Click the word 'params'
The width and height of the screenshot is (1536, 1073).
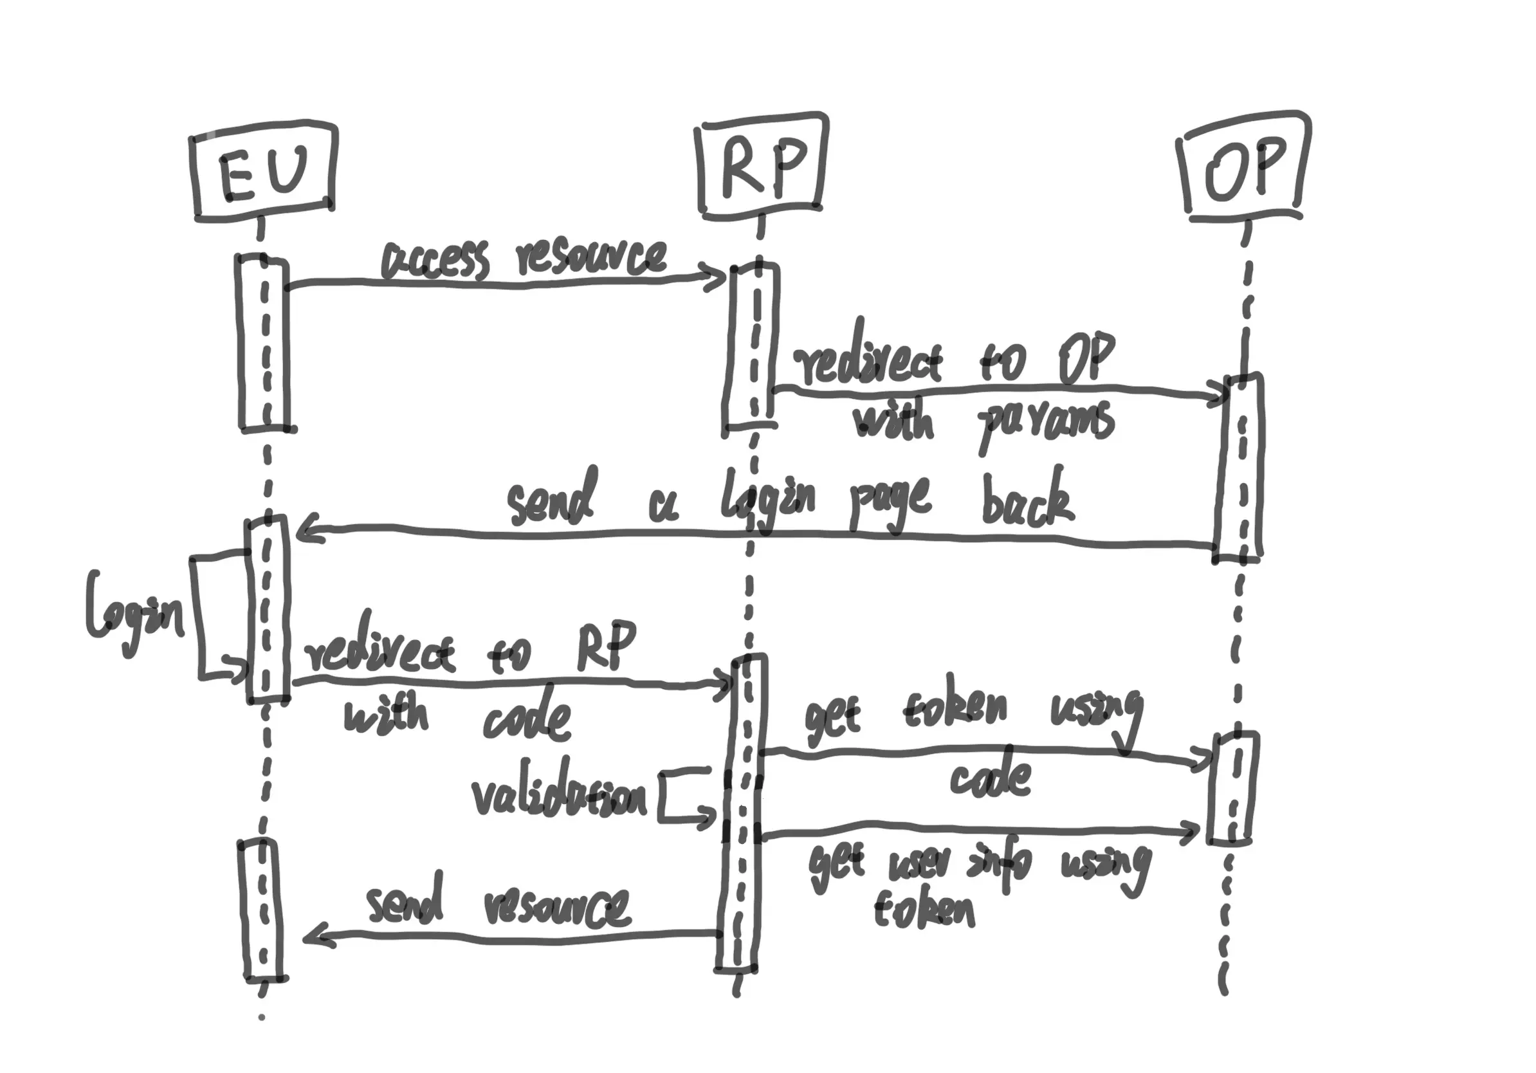(1045, 424)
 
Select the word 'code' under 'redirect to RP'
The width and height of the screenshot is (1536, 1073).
(527, 720)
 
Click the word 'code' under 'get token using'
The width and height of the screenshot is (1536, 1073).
(990, 778)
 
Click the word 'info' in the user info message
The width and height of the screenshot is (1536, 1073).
(1000, 864)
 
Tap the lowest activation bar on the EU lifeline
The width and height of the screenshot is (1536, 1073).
(262, 910)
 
